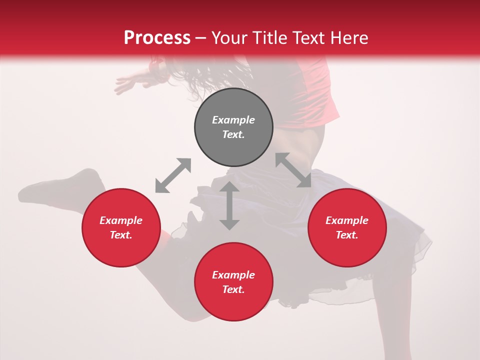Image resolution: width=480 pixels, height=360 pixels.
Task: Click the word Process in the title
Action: click(x=157, y=38)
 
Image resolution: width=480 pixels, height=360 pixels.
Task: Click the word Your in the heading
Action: click(x=230, y=38)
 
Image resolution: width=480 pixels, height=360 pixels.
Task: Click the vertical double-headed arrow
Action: click(x=229, y=205)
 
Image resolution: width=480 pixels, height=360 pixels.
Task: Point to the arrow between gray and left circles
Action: click(x=173, y=175)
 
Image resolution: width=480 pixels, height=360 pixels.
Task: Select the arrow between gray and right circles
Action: click(x=293, y=170)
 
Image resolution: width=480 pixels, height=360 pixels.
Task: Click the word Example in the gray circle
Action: click(x=233, y=120)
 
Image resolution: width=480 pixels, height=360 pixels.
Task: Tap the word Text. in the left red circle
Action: click(x=121, y=235)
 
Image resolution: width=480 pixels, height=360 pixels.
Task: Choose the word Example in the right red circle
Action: click(x=347, y=220)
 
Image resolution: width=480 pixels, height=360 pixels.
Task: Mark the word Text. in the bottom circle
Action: click(x=233, y=289)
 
